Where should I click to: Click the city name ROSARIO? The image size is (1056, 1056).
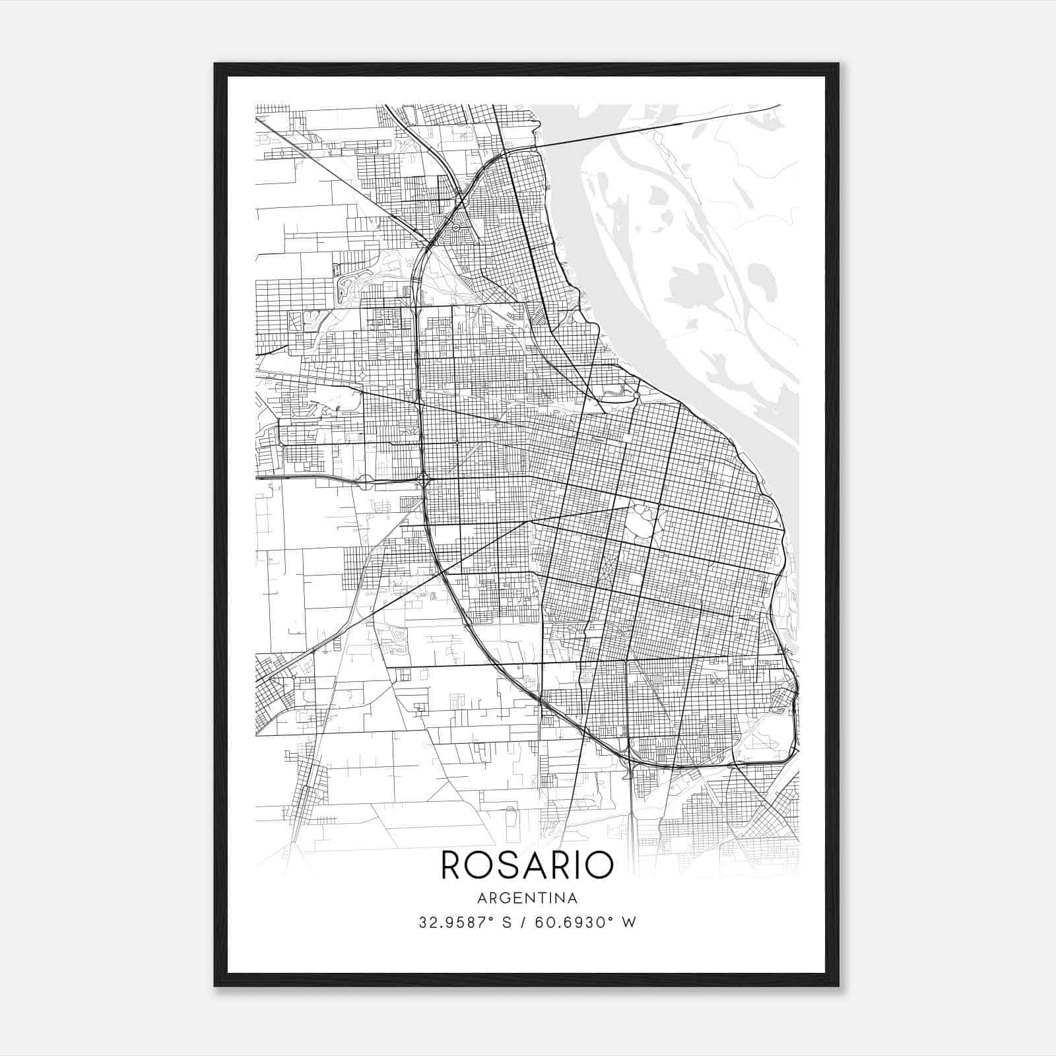(x=527, y=865)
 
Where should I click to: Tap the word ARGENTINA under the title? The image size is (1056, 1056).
(x=527, y=898)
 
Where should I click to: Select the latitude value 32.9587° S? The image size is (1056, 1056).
(x=465, y=923)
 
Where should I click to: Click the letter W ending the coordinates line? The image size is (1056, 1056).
(x=630, y=923)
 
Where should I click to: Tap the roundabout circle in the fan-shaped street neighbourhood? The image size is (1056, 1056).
(x=455, y=227)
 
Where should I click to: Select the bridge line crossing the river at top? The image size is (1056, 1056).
(x=660, y=125)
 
